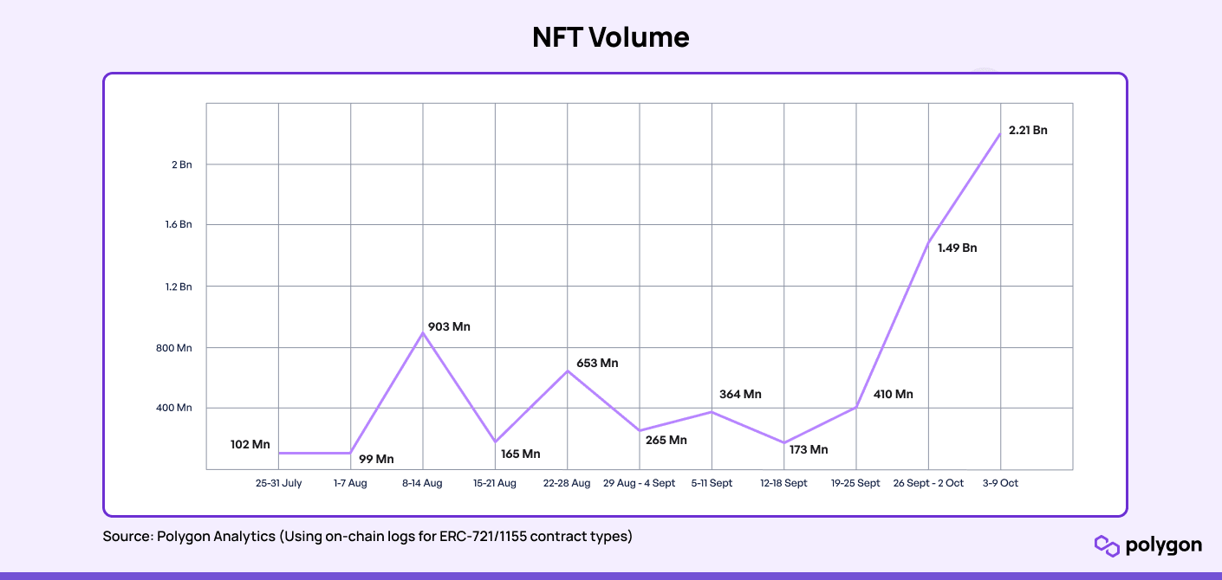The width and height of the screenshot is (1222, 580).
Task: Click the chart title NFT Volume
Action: (610, 37)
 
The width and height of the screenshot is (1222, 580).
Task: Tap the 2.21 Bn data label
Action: (1028, 131)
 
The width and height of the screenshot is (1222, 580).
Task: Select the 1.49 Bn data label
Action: (957, 248)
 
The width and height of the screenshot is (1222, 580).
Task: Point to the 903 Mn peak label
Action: (450, 327)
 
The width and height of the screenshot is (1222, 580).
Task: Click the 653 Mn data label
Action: (597, 364)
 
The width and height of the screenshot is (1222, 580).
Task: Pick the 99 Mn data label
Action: (376, 459)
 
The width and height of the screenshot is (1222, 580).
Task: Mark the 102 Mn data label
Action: (250, 445)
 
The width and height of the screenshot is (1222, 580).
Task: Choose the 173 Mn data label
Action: (809, 450)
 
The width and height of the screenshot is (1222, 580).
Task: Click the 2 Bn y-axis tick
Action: (181, 164)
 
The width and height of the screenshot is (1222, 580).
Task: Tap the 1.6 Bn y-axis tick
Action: (179, 225)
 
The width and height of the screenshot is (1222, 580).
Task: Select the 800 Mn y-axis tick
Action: (172, 348)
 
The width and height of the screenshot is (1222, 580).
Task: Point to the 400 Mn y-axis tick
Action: (172, 408)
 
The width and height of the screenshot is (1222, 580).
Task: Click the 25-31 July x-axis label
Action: (279, 483)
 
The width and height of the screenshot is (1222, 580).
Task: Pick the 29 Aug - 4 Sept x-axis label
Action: (639, 483)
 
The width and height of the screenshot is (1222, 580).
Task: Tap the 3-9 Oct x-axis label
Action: (1000, 483)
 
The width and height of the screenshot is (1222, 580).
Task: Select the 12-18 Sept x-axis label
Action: (783, 483)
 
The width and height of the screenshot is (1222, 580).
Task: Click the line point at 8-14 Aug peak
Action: (423, 332)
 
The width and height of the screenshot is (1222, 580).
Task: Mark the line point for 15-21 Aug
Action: (495, 442)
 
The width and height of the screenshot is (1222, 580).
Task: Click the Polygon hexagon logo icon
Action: (1107, 545)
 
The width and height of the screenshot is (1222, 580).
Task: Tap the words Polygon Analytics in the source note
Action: (216, 537)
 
